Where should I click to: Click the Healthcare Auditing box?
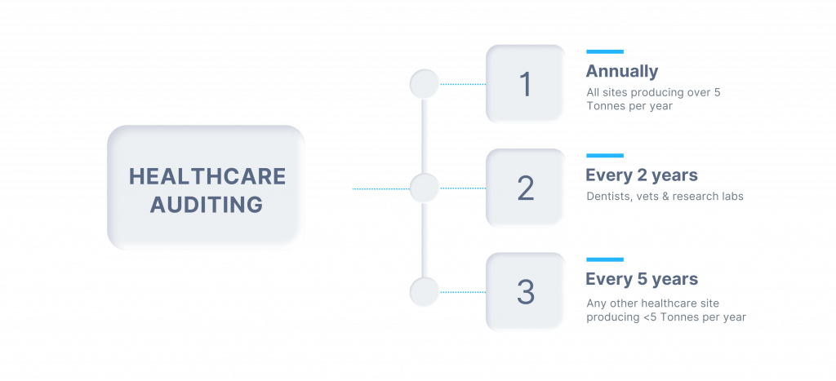point(206,188)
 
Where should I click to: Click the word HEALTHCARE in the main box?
point(208,176)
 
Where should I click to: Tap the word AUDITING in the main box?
point(206,203)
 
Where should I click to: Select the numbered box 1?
point(525,84)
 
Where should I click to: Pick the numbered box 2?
point(525,188)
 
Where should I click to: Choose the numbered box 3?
point(525,292)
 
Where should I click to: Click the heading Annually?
point(621,71)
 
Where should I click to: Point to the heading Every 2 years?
point(642,175)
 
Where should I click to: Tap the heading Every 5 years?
point(642,279)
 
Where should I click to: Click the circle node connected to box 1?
point(425,84)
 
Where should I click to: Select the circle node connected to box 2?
point(425,188)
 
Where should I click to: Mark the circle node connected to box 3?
point(425,292)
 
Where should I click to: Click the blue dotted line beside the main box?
point(380,188)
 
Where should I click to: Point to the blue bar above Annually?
point(604,51)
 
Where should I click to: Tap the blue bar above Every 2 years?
point(604,156)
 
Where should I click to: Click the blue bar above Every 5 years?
point(604,259)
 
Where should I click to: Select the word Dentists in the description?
point(606,197)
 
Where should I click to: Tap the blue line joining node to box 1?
point(463,84)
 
